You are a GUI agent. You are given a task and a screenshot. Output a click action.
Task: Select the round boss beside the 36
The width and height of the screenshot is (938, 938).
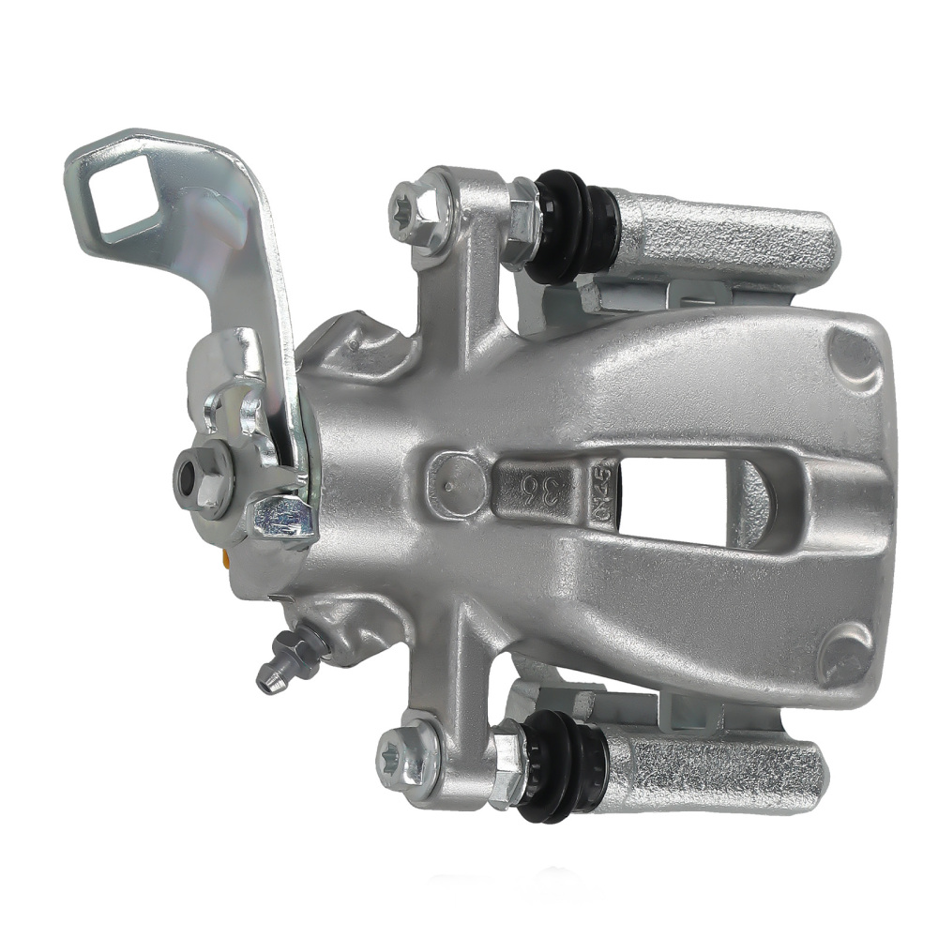pyautogui.click(x=457, y=481)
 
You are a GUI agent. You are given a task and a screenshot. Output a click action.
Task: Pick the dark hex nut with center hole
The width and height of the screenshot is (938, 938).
pyautogui.click(x=202, y=479)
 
